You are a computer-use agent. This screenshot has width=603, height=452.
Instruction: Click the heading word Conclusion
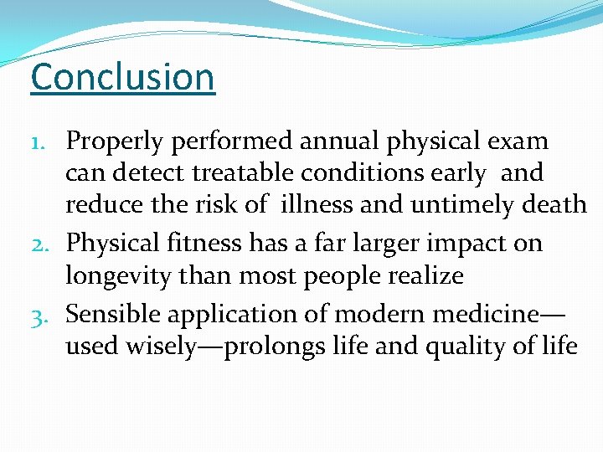pyautogui.click(x=122, y=77)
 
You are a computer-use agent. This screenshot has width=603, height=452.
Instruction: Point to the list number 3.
pyautogui.click(x=47, y=315)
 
